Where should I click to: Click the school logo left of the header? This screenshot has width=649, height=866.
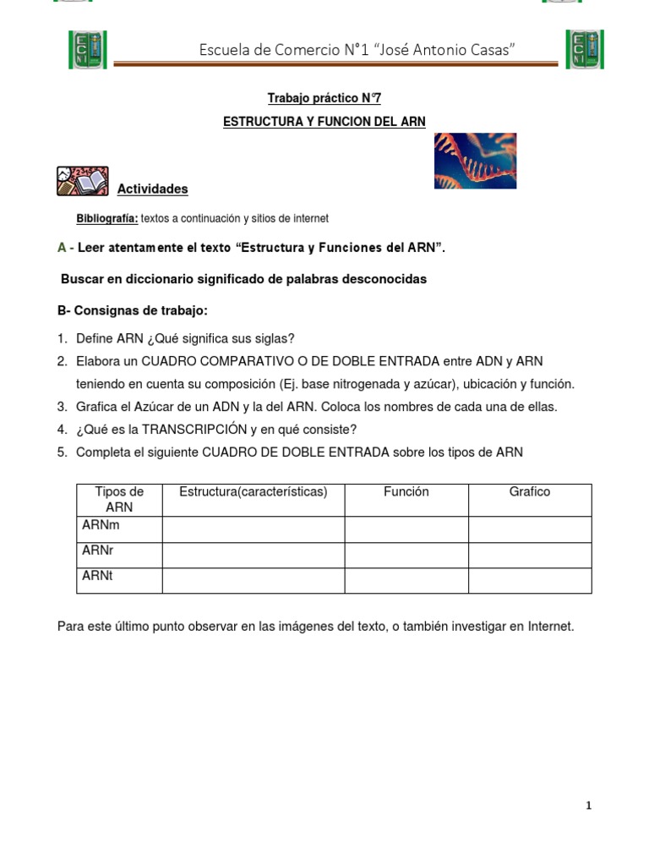coord(87,49)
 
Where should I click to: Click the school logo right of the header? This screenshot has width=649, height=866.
coord(585,49)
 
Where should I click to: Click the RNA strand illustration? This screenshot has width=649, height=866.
coord(475,161)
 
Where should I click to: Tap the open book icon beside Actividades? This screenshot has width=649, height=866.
coord(82,181)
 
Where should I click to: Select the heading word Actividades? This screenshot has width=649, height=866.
coord(152,189)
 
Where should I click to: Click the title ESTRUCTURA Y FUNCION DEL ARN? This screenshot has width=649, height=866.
coord(324,122)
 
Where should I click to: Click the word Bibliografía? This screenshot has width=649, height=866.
coord(106,218)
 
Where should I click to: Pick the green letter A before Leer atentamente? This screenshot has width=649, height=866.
coord(62,248)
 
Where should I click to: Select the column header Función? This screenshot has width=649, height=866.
coord(406,491)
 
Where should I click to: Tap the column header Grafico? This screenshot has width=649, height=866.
coord(529,491)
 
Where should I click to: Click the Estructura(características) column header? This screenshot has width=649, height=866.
coord(253,491)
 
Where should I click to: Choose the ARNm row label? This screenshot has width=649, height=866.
coord(101,525)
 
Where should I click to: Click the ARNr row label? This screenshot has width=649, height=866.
coord(98,551)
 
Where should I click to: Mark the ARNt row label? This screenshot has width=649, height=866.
coord(97,576)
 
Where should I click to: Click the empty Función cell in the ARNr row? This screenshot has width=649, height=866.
coord(406,556)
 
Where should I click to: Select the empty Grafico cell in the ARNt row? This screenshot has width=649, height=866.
coord(529,581)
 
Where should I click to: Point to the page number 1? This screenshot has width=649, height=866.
coord(588,806)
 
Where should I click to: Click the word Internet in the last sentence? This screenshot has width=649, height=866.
coord(550,627)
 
